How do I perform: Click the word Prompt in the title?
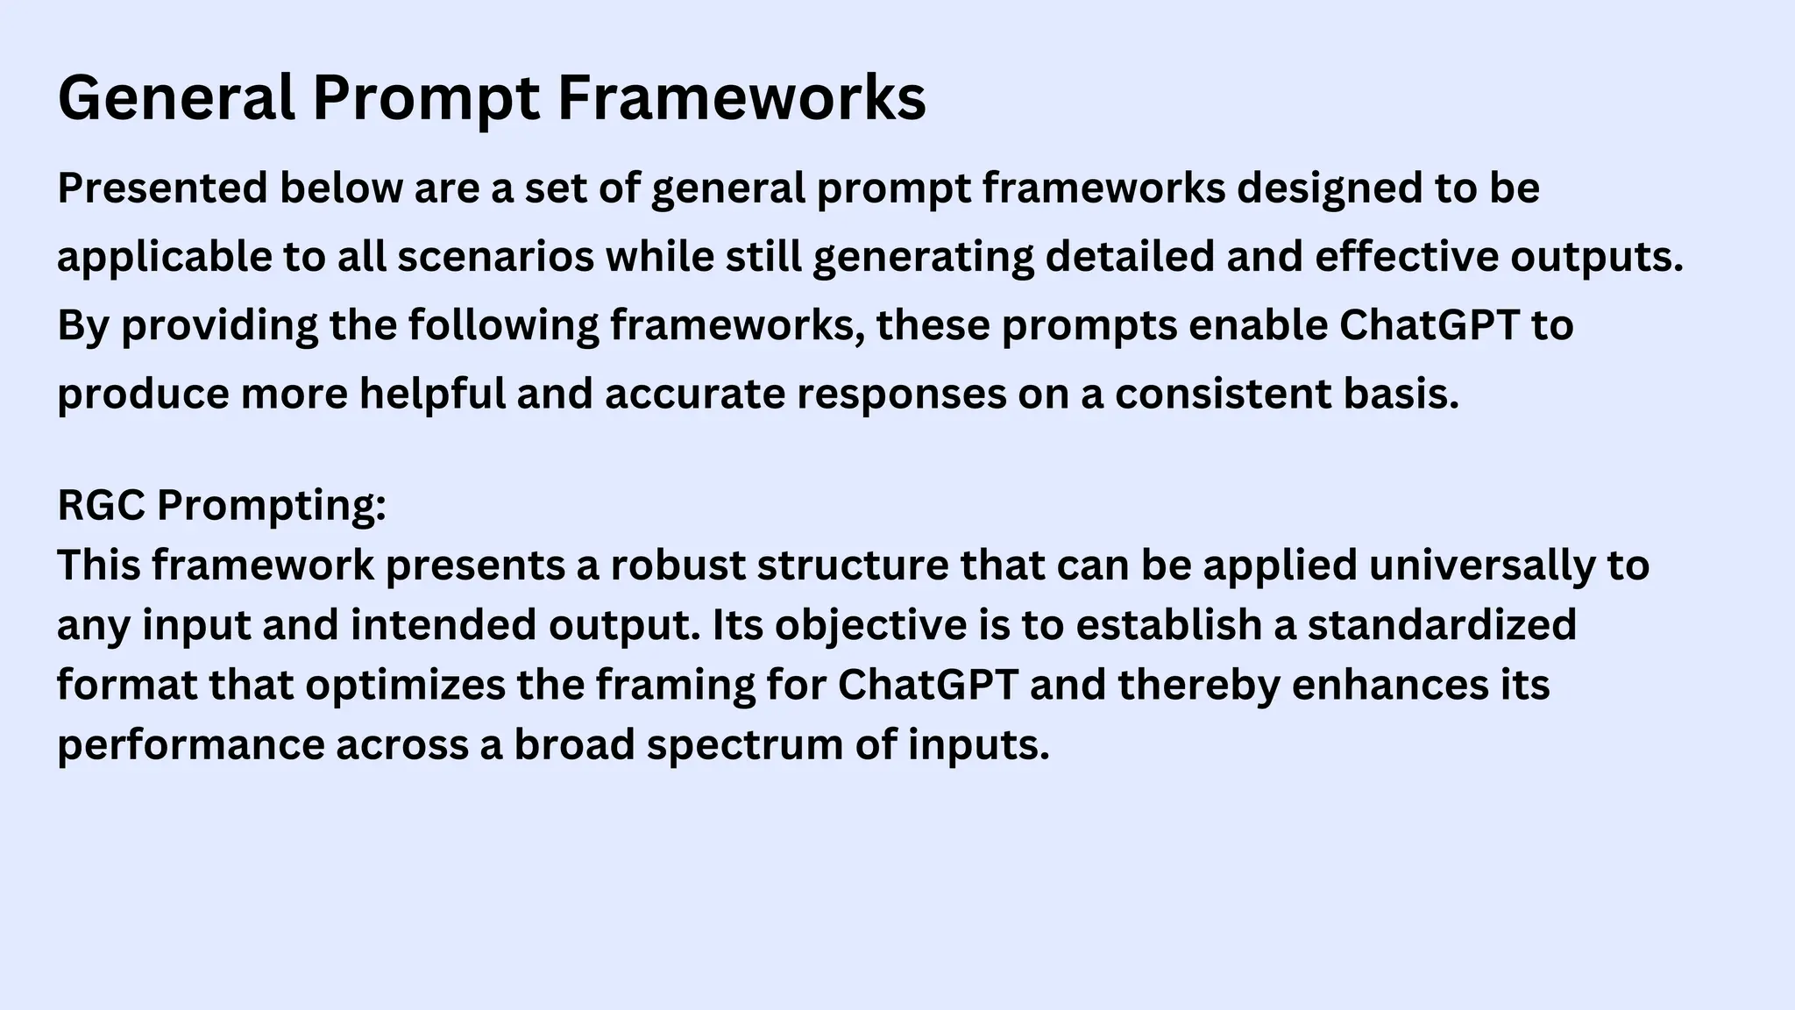click(x=426, y=98)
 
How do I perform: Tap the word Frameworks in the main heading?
click(x=741, y=98)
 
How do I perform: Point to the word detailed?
click(x=1130, y=257)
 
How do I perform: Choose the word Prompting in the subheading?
click(x=272, y=506)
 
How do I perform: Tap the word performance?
click(x=190, y=745)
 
